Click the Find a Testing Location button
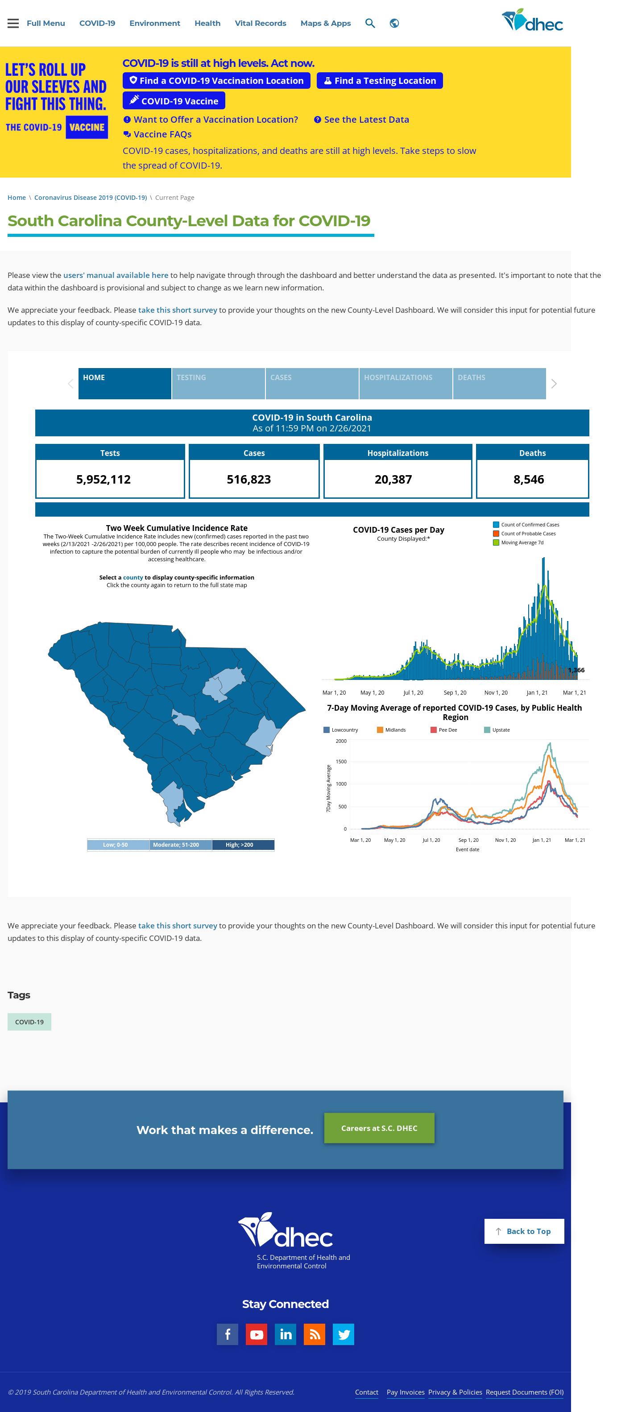(379, 81)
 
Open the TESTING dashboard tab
(218, 383)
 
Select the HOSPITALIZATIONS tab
(406, 383)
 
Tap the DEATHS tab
(499, 383)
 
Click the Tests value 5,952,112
(104, 479)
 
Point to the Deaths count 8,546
(529, 479)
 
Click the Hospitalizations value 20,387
(393, 479)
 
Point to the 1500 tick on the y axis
(341, 762)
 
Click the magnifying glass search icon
(370, 23)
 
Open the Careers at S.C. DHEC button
(379, 1128)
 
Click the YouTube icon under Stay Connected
(257, 1334)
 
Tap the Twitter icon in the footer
(344, 1334)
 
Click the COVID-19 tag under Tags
(29, 1022)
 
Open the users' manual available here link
(116, 275)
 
